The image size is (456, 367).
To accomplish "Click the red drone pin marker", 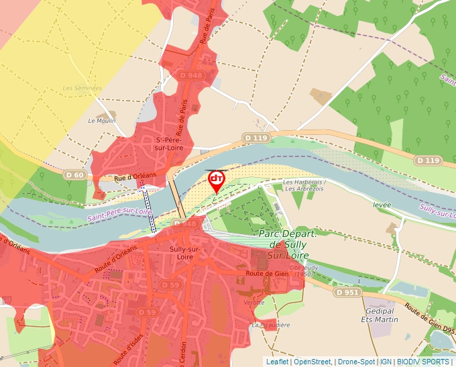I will (217, 180).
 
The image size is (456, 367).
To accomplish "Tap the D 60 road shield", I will (75, 175).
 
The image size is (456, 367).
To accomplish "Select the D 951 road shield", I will (347, 293).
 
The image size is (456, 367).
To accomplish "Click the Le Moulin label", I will (102, 121).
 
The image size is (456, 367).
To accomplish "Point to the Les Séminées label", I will (82, 88).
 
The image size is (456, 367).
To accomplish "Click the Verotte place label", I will (254, 303).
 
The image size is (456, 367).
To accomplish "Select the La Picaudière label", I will (271, 325).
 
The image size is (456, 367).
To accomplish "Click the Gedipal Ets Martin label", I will (382, 315).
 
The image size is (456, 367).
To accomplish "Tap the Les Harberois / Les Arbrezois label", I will (304, 185).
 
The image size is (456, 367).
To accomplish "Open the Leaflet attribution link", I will (277, 362).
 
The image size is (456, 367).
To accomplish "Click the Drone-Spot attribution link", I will (356, 362).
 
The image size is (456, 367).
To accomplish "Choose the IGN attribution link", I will (386, 362).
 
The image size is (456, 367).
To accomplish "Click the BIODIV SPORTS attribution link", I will (423, 362).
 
